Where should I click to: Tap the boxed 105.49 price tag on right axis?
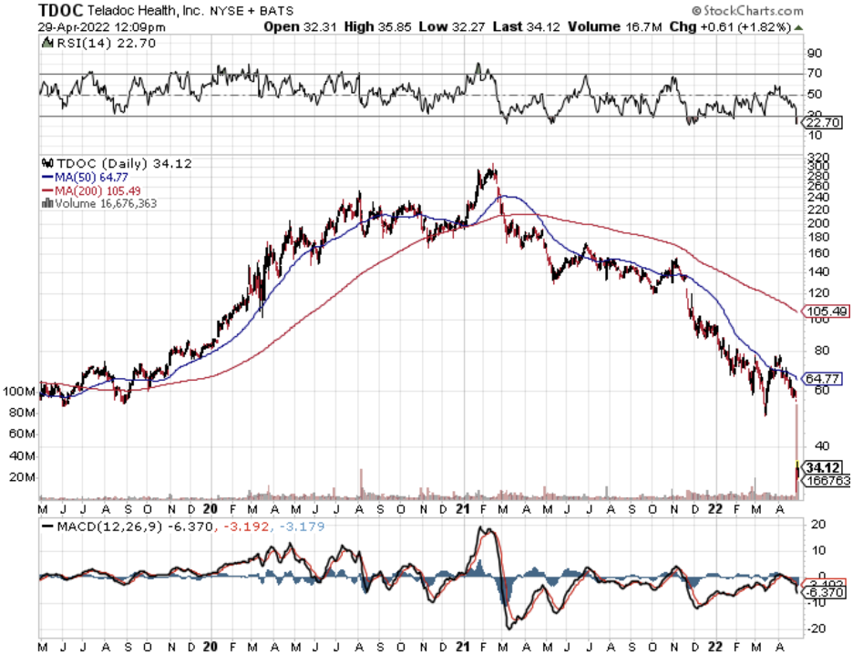(827, 312)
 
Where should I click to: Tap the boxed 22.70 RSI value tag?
(824, 122)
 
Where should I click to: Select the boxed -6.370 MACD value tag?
(826, 591)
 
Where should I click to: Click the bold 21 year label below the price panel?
(461, 509)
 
